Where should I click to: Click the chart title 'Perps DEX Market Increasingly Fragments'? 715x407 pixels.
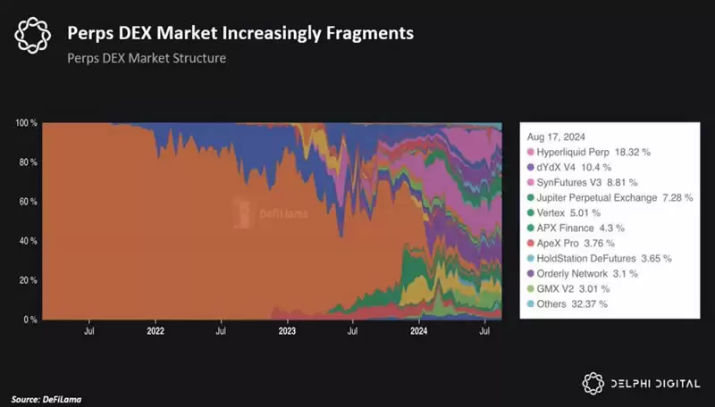click(x=240, y=34)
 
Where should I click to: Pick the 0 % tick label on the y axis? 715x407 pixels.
click(x=29, y=320)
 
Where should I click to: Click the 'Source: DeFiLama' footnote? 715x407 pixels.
click(x=52, y=397)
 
